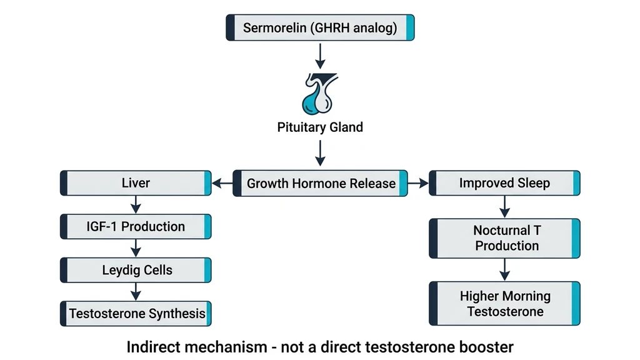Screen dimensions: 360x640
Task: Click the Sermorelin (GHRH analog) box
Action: coord(320,28)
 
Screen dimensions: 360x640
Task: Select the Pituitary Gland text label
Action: coord(320,127)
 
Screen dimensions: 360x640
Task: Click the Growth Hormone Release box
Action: coord(320,183)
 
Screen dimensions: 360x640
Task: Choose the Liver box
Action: coord(136,183)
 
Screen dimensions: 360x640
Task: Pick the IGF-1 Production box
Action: coord(136,226)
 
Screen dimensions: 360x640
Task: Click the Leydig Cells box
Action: coord(136,270)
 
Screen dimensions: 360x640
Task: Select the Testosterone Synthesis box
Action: coord(136,313)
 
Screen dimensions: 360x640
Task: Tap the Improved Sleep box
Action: coord(504,183)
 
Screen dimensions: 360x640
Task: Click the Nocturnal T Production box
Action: coord(504,238)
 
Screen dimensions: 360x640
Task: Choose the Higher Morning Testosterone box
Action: coord(504,303)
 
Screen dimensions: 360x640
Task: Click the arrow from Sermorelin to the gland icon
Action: coord(320,56)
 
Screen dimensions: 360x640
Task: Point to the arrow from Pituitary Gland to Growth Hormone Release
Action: coord(320,154)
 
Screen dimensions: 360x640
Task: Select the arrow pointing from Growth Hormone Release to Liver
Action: coord(222,184)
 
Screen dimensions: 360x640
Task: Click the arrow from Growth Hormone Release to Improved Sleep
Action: coord(418,184)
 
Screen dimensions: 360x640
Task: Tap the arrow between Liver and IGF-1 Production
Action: coord(136,204)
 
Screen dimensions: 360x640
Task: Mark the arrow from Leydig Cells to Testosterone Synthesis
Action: coord(136,292)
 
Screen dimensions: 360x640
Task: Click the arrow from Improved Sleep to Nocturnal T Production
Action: coord(505,206)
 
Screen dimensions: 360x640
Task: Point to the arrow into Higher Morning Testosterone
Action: coord(505,270)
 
